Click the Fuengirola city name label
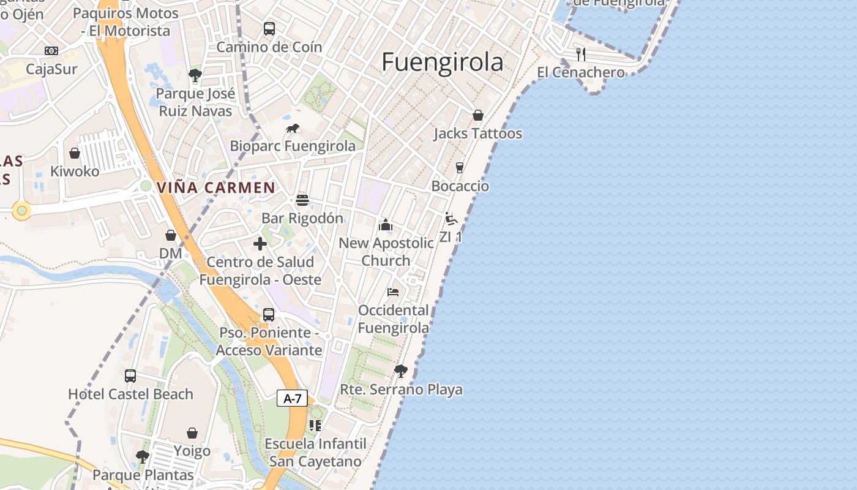[x=443, y=62]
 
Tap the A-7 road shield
[x=292, y=399]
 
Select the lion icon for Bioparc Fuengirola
[x=293, y=129]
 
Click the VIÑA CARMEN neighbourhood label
[x=216, y=188]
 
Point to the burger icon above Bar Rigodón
[x=302, y=200]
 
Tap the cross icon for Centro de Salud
[x=260, y=244]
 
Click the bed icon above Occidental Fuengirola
[x=393, y=292]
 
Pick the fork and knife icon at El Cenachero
[x=580, y=54]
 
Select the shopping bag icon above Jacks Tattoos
[x=477, y=115]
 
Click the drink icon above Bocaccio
[x=460, y=168]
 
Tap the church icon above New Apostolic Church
[x=385, y=225]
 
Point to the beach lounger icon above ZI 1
[x=451, y=219]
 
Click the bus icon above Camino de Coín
[x=269, y=28]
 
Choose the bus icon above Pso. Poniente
[x=268, y=315]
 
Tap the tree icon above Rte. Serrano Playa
[x=401, y=371]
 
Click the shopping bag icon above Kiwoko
[x=75, y=153]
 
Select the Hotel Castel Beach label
[x=130, y=394]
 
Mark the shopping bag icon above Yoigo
[x=192, y=433]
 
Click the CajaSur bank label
[x=51, y=69]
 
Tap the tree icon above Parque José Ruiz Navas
[x=195, y=75]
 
